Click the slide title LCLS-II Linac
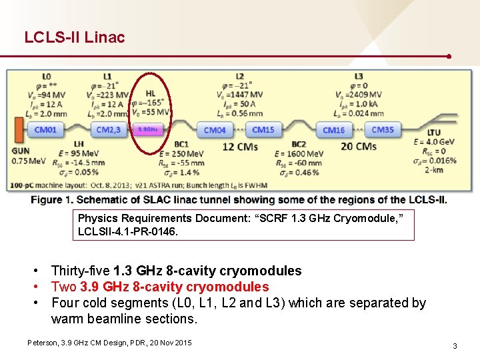coord(74,37)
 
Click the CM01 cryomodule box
coord(46,129)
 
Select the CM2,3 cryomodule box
coord(107,129)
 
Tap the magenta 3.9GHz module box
coord(148,129)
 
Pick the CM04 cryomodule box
coord(215,130)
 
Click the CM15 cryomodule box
coord(263,129)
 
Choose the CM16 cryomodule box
coord(333,130)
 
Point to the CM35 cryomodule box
coord(382,129)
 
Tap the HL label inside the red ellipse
coord(151,93)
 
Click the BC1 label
coord(181,144)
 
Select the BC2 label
coord(299,144)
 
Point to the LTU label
coord(434,133)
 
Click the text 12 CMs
coord(237,147)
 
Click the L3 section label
coord(359,77)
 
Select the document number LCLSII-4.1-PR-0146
coord(127,231)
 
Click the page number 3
coord(454,346)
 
